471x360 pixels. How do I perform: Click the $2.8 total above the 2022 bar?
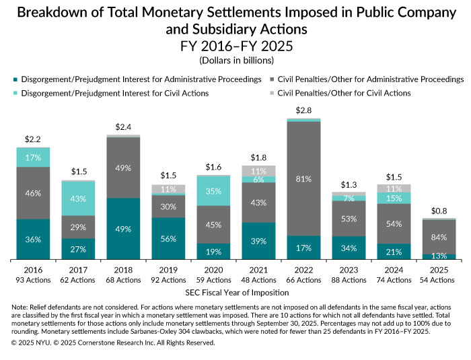(x=303, y=110)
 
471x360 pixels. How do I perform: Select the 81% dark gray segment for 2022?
(x=303, y=179)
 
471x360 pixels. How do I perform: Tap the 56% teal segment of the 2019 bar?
(x=168, y=238)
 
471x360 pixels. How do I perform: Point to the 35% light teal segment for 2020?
(x=213, y=190)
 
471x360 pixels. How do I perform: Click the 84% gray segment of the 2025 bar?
(x=438, y=236)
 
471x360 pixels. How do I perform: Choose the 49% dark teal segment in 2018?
(x=123, y=229)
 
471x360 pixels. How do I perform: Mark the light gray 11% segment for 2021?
(x=258, y=171)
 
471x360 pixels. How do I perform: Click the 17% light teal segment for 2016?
(x=33, y=157)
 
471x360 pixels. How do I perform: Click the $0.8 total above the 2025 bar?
(x=438, y=209)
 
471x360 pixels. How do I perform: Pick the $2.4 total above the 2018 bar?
(x=123, y=127)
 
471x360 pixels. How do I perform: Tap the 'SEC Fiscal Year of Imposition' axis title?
(x=235, y=292)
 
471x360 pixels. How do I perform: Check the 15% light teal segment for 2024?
(x=393, y=198)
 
